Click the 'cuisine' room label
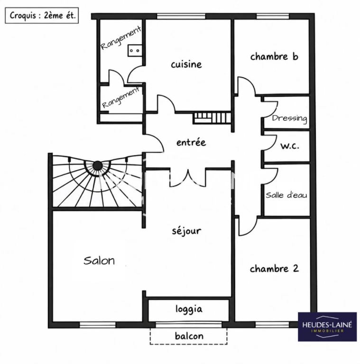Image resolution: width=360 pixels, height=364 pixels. coord(186,64)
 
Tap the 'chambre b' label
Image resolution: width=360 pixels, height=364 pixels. coord(274,56)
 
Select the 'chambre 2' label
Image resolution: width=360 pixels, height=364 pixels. coord(274,269)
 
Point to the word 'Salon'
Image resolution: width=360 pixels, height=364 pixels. coord(99,261)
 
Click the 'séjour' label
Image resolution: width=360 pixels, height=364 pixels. coord(186,231)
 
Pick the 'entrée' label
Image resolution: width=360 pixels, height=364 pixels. coord(191,142)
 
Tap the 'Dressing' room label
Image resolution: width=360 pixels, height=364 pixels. coord(289,118)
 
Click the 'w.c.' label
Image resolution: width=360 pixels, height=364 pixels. coord(290,146)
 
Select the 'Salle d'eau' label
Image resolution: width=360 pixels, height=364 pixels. coord(286,195)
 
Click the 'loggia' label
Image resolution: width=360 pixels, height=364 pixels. coord(189,309)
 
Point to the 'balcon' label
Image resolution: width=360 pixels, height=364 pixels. coord(189,336)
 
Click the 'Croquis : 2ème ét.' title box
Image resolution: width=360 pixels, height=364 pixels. coord(42,15)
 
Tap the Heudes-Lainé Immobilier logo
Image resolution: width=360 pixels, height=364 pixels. coord(327,327)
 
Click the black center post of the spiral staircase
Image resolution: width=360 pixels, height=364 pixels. coord(98,165)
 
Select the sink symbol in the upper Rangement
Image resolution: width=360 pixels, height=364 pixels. coord(135,50)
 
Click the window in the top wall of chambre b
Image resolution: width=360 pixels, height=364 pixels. coord(273,16)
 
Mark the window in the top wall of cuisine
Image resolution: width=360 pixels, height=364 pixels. coord(181,16)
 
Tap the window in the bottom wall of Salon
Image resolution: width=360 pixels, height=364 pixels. coord(98,325)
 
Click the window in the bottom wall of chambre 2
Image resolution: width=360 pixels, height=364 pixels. coord(272,325)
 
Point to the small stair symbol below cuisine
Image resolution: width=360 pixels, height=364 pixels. coord(212,118)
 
